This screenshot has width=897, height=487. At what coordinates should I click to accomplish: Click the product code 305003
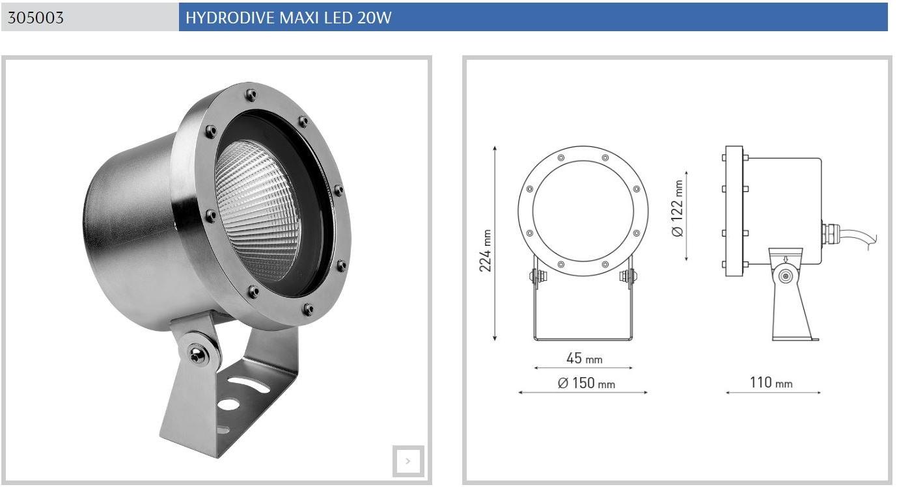[x=36, y=18]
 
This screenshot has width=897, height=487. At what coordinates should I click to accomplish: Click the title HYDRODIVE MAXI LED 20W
[x=288, y=18]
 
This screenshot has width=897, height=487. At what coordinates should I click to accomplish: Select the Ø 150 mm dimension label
[x=586, y=383]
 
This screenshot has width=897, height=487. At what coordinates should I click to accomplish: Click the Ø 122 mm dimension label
[x=678, y=208]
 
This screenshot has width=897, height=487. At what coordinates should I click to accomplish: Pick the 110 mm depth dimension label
[x=771, y=382]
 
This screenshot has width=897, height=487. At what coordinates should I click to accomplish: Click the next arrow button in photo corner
[x=408, y=461]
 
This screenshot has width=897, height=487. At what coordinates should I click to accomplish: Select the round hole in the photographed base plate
[x=228, y=404]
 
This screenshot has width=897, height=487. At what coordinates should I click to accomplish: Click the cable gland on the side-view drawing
[x=828, y=230]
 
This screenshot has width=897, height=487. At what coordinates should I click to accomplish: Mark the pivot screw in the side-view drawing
[x=786, y=276]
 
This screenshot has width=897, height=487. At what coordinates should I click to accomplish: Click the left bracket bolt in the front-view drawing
[x=538, y=276]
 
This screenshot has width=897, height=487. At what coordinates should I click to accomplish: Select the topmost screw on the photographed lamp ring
[x=250, y=96]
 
